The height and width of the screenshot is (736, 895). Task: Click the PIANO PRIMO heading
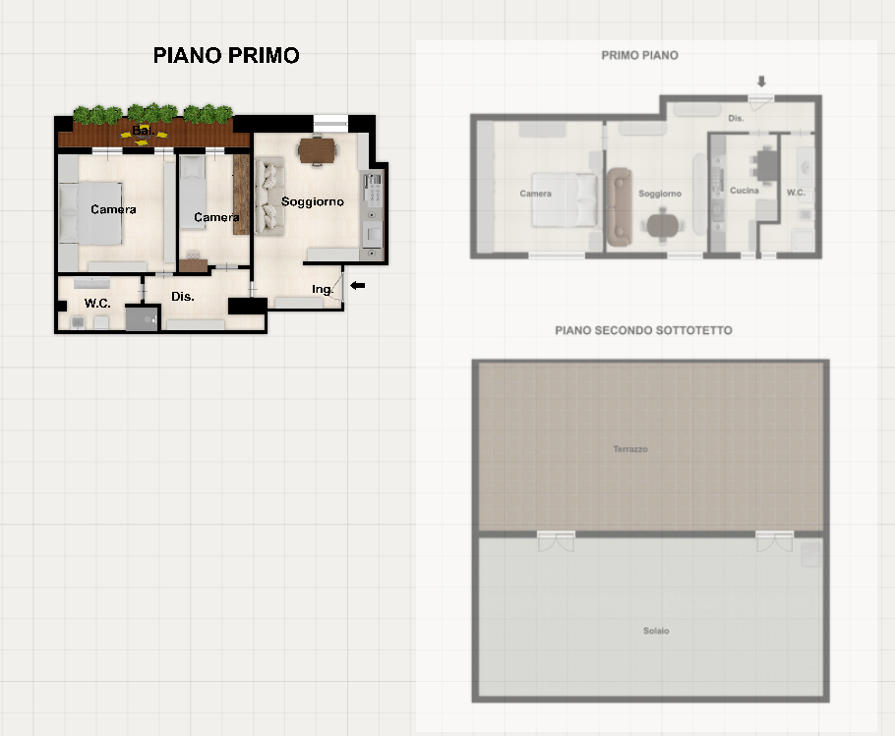[226, 55]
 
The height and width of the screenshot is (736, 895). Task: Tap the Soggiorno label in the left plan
[312, 201]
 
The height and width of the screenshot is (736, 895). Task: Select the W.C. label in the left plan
[97, 303]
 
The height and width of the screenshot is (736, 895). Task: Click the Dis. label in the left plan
[183, 296]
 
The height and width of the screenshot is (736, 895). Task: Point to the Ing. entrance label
[322, 289]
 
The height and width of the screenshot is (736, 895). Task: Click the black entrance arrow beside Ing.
[357, 285]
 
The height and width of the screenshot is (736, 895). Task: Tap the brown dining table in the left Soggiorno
[318, 150]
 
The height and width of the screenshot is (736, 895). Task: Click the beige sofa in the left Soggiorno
[268, 197]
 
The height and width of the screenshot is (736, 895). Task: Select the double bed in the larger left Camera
[90, 213]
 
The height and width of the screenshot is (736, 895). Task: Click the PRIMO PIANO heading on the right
[640, 55]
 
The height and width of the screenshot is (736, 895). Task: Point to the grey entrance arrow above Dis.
[761, 82]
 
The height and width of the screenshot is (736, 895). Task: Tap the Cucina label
[745, 191]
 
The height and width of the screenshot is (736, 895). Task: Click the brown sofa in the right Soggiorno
[619, 206]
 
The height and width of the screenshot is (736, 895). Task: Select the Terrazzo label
[630, 449]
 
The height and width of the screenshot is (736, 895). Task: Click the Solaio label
[656, 631]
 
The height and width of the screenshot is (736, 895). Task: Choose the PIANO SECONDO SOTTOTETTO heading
[643, 330]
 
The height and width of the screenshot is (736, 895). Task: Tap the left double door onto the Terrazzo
[556, 540]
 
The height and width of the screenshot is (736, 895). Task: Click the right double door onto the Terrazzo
[775, 540]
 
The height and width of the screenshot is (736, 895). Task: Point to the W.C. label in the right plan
[796, 193]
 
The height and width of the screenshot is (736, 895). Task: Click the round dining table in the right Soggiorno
[662, 226]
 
